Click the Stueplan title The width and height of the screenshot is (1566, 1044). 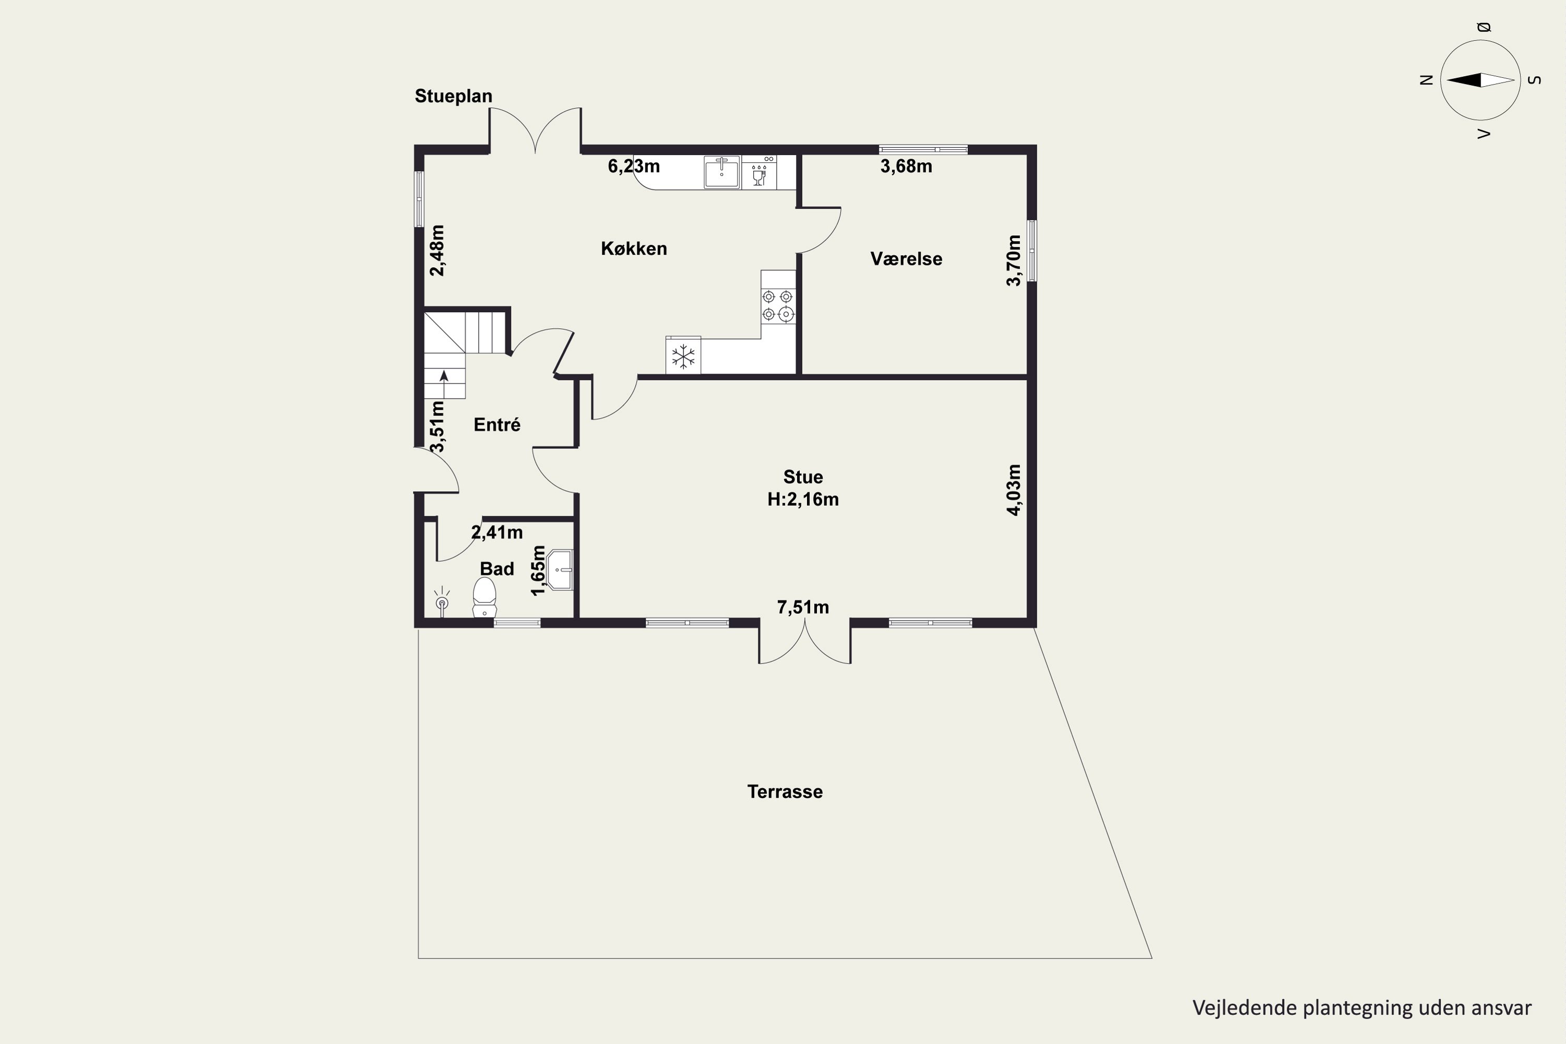tap(454, 96)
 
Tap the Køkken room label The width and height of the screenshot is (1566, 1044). tap(634, 248)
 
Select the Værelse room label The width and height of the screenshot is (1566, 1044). tap(906, 259)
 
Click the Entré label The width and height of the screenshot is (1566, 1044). tap(497, 424)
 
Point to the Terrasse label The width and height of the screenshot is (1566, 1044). tap(785, 792)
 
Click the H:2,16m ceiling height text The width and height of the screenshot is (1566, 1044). tap(803, 500)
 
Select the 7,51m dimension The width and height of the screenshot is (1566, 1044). tap(803, 607)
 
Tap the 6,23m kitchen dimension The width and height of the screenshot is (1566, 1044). tap(634, 166)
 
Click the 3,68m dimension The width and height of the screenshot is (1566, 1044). tap(906, 166)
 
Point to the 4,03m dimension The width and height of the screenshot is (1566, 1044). tap(1013, 490)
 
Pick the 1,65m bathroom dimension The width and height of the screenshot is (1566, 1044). tap(538, 571)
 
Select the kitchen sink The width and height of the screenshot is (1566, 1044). tap(722, 172)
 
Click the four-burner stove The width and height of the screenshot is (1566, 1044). tap(778, 305)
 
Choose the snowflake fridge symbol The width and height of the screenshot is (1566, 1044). tap(683, 356)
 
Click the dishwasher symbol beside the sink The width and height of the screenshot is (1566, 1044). tap(759, 172)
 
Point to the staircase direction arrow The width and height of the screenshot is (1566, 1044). tap(444, 384)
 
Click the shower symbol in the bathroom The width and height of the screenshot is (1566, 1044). tap(442, 601)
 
